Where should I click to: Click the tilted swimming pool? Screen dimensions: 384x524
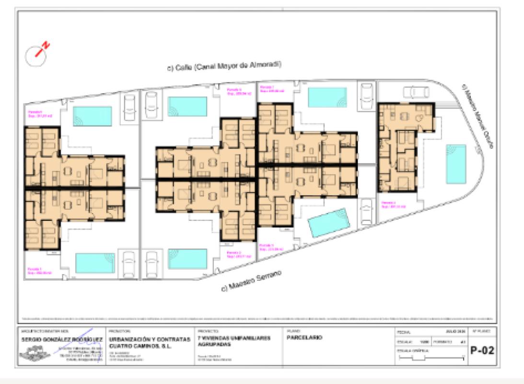click(329, 222)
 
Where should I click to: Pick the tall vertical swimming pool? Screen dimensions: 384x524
click(455, 164)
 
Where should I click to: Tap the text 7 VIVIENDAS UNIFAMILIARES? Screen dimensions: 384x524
click(232, 338)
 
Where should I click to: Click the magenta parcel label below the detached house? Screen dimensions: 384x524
click(393, 205)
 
